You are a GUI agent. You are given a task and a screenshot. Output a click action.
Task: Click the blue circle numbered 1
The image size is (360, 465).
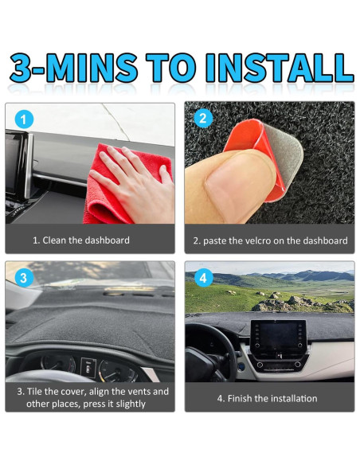(24, 119)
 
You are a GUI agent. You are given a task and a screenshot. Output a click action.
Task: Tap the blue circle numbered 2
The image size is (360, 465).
(203, 119)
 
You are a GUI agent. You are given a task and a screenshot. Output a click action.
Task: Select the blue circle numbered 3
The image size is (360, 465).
(24, 278)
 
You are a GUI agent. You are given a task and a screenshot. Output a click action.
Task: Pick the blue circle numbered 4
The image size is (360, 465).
(203, 278)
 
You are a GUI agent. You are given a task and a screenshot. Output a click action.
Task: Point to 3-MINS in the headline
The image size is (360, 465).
(74, 68)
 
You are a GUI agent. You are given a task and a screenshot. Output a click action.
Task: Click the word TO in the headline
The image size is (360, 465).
(170, 68)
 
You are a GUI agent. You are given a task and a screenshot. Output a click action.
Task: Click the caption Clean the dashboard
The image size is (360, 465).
(86, 240)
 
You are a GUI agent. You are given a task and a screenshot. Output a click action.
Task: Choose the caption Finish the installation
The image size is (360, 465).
(272, 398)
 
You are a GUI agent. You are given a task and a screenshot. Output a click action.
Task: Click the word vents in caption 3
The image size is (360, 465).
(139, 392)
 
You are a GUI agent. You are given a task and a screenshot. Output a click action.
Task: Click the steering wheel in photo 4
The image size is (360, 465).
(211, 353)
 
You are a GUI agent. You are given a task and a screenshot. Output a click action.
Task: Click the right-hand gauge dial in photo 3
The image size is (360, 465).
(117, 371)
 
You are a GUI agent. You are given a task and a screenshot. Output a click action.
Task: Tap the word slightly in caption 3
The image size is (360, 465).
(131, 404)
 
